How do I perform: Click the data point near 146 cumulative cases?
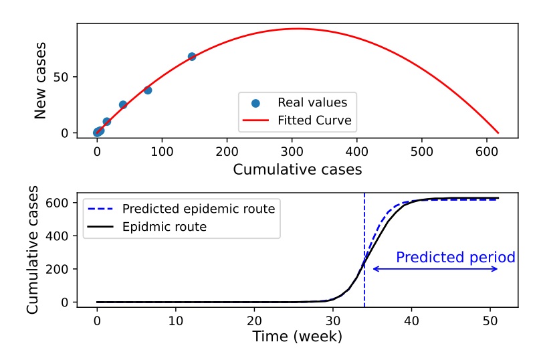192,57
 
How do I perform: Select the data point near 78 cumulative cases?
148,90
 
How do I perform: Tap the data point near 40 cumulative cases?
123,105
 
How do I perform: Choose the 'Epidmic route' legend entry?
164,227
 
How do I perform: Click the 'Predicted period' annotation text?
455,258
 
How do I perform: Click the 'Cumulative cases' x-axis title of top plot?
298,169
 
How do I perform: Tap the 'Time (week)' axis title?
298,337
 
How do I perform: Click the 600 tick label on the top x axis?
487,151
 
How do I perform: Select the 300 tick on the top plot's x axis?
292,151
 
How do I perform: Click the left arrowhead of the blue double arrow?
373,269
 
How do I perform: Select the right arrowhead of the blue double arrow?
498,269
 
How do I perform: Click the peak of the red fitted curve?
298,29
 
